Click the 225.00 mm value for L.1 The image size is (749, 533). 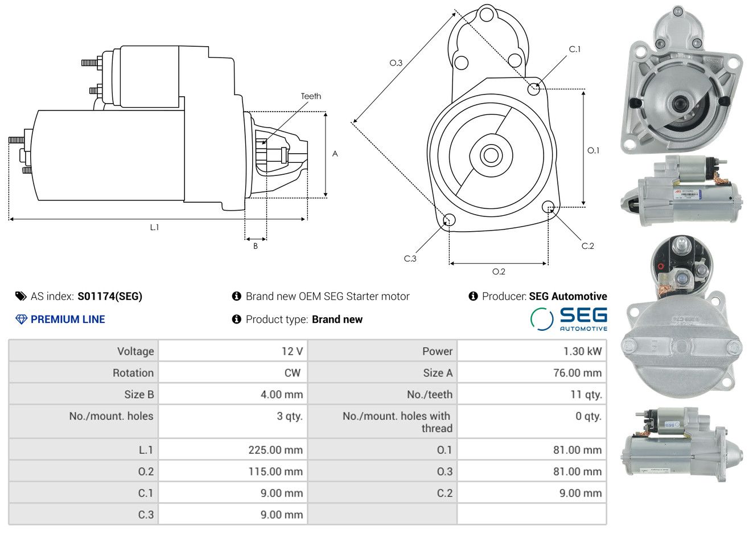coord(275,450)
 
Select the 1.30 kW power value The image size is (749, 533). coord(582,351)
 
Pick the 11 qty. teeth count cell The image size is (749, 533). coord(586,395)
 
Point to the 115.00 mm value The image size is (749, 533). coord(275,471)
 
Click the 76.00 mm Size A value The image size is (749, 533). coord(577,373)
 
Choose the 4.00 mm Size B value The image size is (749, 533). coord(282,395)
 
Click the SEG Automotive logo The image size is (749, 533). coord(569,319)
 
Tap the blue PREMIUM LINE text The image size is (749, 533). coord(68,319)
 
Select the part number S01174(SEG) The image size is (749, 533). coord(110,296)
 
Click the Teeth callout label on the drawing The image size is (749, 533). coord(311,96)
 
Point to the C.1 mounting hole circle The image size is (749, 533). coord(534,89)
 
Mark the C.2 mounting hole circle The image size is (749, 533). coord(548,206)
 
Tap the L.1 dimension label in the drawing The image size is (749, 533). coord(154,227)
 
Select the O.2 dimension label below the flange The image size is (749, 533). coord(499,272)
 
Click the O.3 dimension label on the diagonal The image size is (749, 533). coord(396,63)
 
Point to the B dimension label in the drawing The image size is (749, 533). coord(256,246)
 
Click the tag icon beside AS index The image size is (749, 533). coord(21,296)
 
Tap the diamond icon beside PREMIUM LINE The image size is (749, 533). coord(21,319)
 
